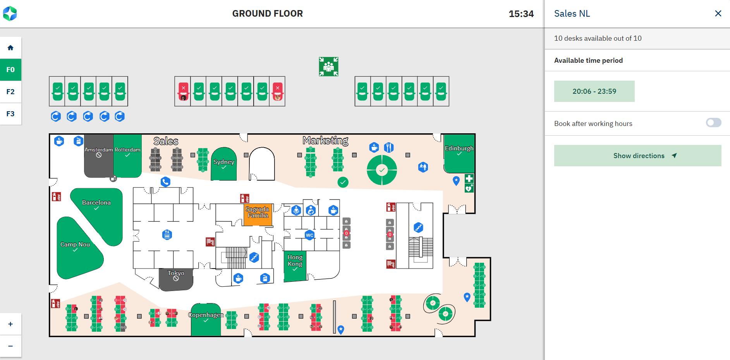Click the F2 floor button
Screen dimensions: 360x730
pos(10,92)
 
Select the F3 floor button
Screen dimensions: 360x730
pos(10,114)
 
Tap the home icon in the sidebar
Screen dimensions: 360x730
pos(10,48)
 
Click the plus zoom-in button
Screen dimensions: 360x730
pos(10,324)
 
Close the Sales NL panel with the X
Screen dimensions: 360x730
pos(718,14)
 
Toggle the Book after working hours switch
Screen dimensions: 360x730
pos(713,123)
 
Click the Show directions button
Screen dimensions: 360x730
pos(637,156)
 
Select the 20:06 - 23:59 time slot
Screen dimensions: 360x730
pos(594,91)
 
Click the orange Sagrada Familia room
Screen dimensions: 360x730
pos(258,215)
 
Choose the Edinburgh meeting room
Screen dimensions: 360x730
pos(459,155)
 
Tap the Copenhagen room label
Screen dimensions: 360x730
pos(206,315)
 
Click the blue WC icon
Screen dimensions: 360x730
pos(309,235)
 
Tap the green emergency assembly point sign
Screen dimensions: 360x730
pos(328,67)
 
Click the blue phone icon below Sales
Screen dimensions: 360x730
pos(165,181)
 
